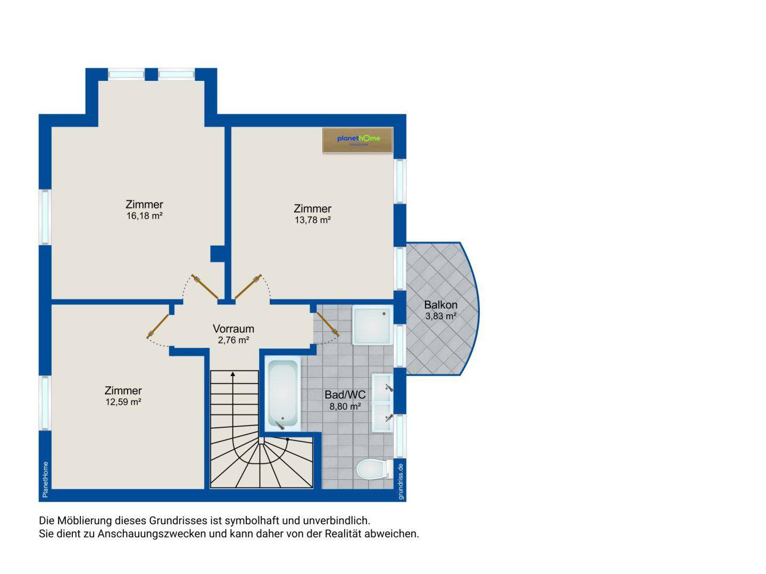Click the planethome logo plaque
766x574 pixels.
pos(357,140)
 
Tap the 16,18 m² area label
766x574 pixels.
pos(145,216)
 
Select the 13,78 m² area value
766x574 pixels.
pos(313,220)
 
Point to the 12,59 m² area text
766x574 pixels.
pos(123,402)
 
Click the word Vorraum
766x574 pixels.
pos(234,329)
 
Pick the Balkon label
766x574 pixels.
pos(441,305)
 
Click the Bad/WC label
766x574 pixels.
pos(345,395)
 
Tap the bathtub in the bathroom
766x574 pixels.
pos(282,393)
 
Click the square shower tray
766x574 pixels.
pos(373,325)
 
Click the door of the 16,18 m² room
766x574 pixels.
pos(205,287)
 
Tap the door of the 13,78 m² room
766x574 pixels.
pos(248,287)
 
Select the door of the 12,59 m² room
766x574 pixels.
pos(158,326)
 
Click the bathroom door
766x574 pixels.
pos(328,324)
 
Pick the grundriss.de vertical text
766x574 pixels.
pos(401,481)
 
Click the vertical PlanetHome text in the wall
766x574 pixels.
pos(45,479)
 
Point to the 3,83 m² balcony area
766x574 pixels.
pos(441,316)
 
